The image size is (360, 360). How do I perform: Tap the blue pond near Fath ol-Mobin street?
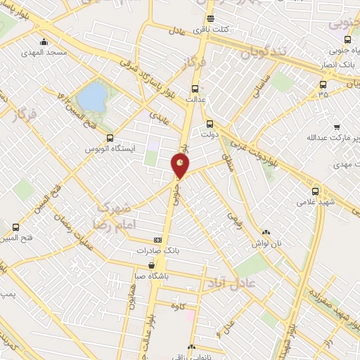tap(92, 98)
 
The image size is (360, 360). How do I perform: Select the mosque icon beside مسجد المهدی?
tap(44, 41)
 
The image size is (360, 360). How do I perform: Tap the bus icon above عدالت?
tap(195, 89)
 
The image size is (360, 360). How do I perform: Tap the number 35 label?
tap(323, 94)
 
